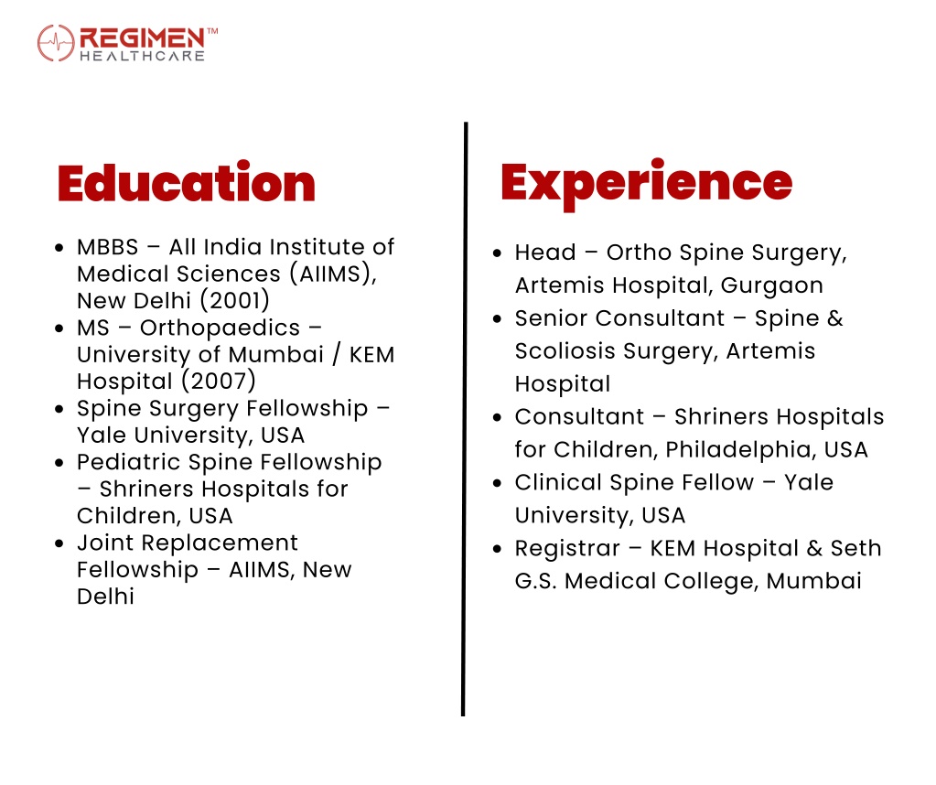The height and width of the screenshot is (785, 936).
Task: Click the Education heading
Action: [x=187, y=182]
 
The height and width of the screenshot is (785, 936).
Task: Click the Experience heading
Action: [x=647, y=184]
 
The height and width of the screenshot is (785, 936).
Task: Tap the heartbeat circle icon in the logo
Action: [x=56, y=43]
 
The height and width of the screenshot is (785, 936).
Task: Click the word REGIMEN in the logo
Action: [x=142, y=38]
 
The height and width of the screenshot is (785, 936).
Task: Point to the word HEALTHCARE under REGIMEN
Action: [x=142, y=56]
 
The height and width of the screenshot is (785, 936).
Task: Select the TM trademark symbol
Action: [x=212, y=30]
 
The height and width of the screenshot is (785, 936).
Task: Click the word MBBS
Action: [x=107, y=246]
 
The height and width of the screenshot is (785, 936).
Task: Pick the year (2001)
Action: [x=234, y=300]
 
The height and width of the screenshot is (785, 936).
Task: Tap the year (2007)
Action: [x=219, y=381]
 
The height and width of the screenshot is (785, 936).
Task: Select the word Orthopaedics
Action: [x=220, y=328]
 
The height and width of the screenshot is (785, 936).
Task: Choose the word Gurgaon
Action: [x=772, y=286]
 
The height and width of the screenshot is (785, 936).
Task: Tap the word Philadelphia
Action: [x=740, y=450]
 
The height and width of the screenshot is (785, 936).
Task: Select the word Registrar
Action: [x=567, y=549]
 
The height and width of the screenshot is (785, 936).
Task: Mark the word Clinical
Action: [x=558, y=482]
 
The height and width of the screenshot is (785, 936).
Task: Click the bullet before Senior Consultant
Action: [x=497, y=319]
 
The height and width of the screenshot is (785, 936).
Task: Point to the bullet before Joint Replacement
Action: [x=59, y=543]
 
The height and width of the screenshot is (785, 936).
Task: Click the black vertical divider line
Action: [x=465, y=419]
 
